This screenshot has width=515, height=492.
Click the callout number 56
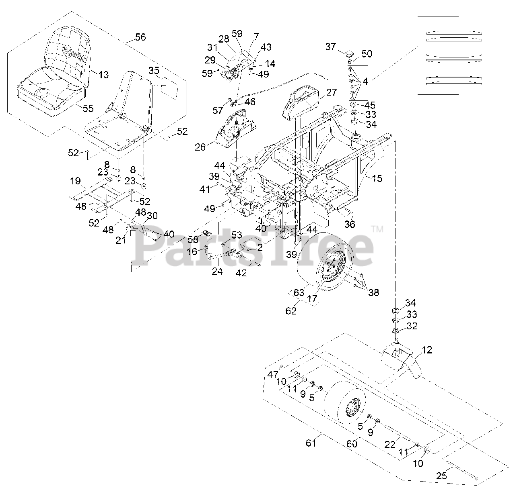[140, 37]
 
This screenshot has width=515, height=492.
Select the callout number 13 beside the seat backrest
[103, 75]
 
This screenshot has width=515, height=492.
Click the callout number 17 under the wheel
[312, 299]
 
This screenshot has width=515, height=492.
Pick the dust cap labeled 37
[347, 53]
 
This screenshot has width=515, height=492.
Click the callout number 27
[332, 92]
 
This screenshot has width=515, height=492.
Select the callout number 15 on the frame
[377, 178]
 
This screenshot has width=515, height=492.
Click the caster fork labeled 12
[402, 359]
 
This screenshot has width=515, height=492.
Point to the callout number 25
[441, 476]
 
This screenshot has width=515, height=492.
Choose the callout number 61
[311, 443]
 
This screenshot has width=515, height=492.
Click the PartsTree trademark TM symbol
[377, 230]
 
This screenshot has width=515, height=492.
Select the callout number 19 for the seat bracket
[75, 181]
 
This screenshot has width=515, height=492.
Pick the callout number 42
[241, 273]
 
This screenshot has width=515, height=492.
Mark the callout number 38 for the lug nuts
[374, 293]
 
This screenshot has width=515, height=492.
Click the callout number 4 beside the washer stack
[365, 82]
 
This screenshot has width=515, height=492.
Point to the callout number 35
[154, 71]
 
